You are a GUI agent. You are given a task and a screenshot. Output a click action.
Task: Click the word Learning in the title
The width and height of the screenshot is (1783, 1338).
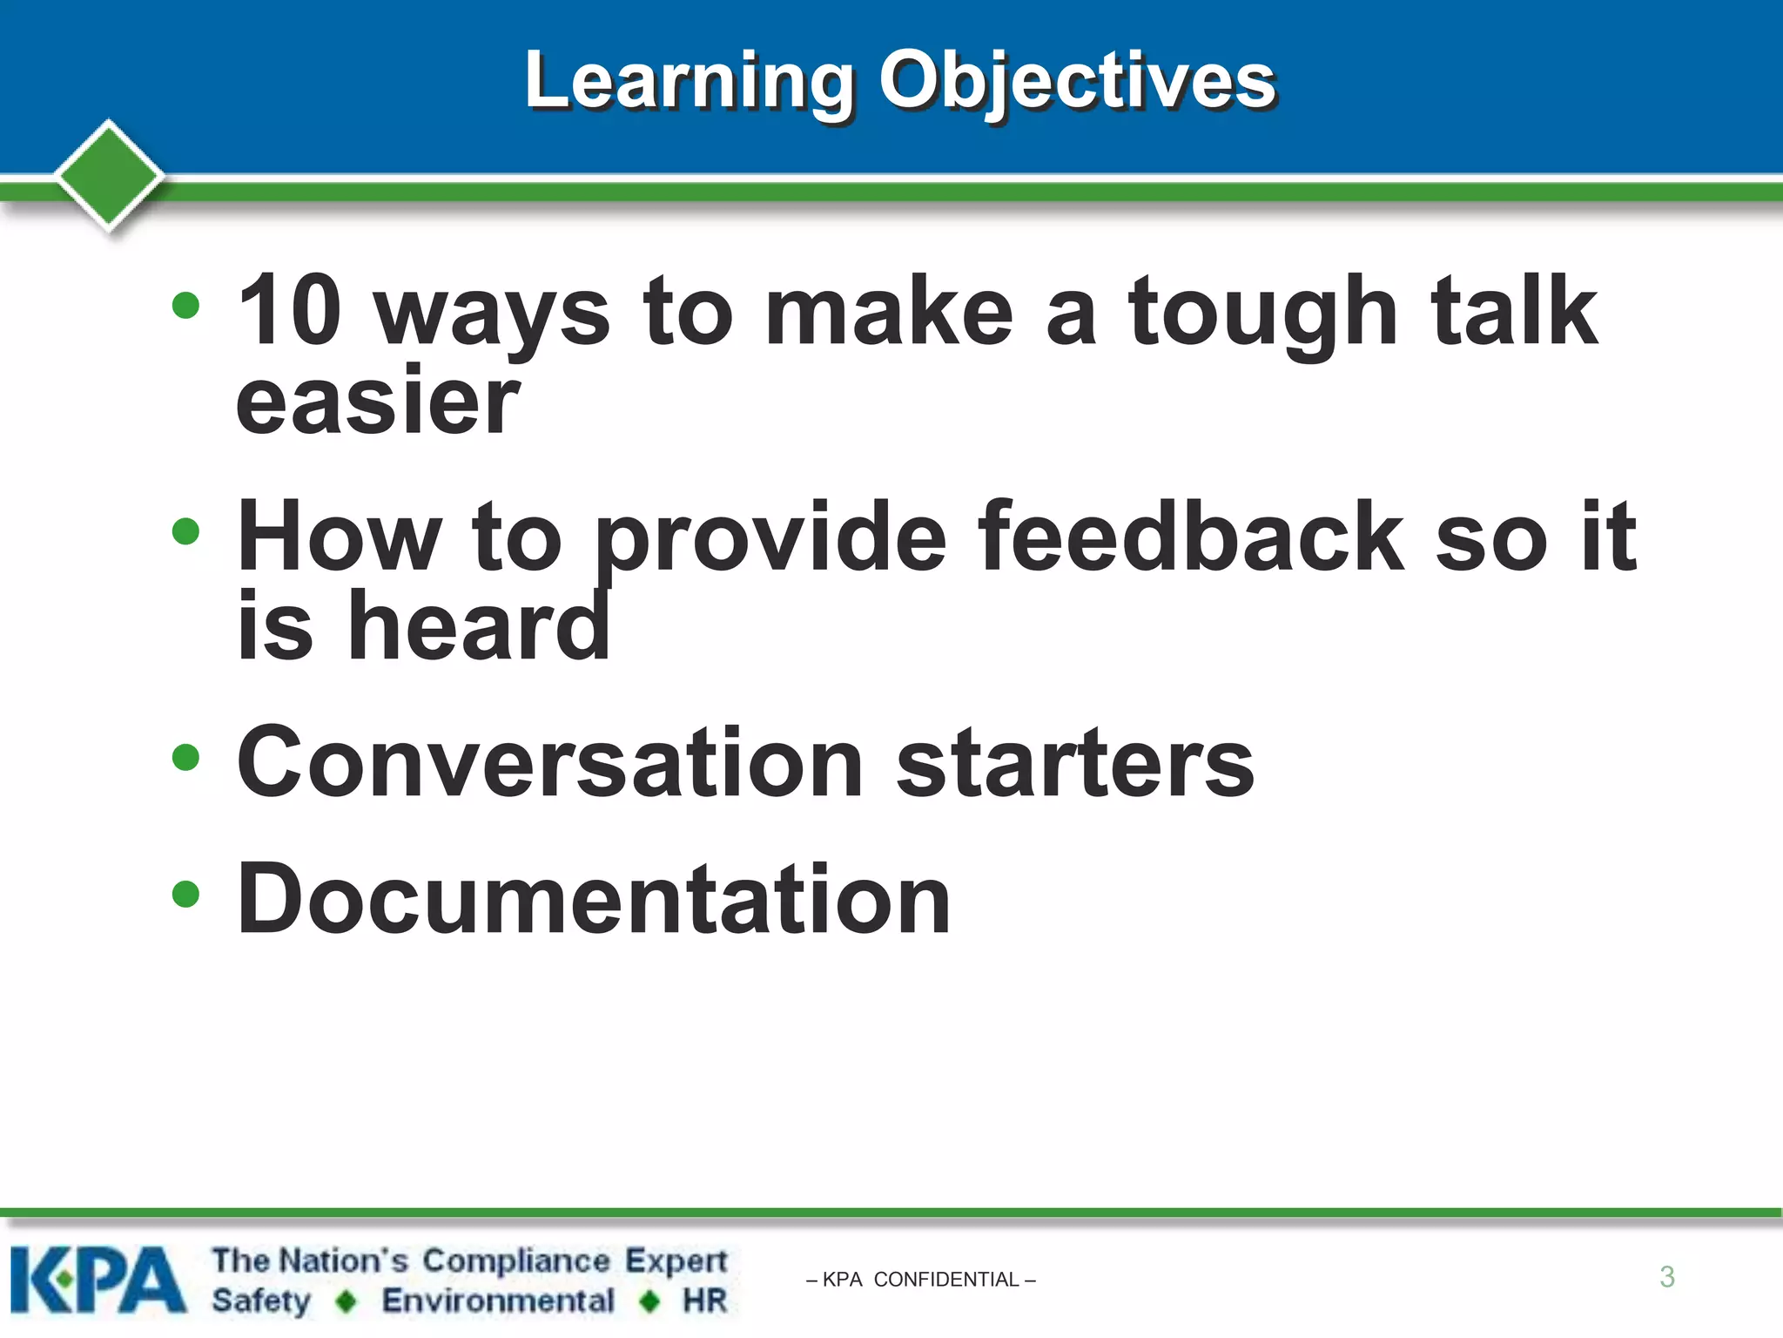(x=690, y=83)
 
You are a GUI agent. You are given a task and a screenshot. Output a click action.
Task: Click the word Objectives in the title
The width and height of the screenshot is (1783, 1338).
(x=1077, y=83)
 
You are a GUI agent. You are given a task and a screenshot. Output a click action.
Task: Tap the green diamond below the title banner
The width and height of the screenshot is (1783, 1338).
(x=109, y=174)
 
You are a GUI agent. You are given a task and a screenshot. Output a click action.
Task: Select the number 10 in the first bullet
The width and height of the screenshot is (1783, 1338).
(x=289, y=310)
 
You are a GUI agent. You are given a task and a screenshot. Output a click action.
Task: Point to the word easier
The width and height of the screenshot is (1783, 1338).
(x=378, y=402)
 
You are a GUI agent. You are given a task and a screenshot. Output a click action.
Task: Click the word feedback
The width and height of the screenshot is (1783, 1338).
(x=1190, y=537)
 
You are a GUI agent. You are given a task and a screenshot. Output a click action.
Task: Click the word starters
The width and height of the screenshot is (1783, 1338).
(x=1074, y=762)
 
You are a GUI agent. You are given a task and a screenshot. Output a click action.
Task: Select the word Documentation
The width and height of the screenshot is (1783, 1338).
(x=594, y=899)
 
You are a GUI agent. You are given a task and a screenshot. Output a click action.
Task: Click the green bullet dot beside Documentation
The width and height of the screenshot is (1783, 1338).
(x=185, y=894)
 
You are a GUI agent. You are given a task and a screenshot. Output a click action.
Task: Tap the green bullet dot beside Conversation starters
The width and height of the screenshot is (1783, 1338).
(x=185, y=757)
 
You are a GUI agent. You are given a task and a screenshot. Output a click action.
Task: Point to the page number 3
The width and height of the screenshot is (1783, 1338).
(x=1666, y=1277)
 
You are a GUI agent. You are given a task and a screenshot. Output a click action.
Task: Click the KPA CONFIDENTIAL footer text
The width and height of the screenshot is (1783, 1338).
(x=921, y=1280)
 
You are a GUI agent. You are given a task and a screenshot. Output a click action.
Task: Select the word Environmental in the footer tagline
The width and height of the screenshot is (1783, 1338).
(x=498, y=1301)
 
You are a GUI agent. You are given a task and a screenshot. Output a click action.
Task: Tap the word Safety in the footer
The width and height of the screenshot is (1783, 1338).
(x=261, y=1301)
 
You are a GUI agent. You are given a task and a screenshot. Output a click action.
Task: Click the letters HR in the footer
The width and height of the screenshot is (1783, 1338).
(x=704, y=1301)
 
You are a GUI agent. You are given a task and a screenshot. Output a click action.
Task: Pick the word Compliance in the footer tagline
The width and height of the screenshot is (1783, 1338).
(x=516, y=1260)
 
